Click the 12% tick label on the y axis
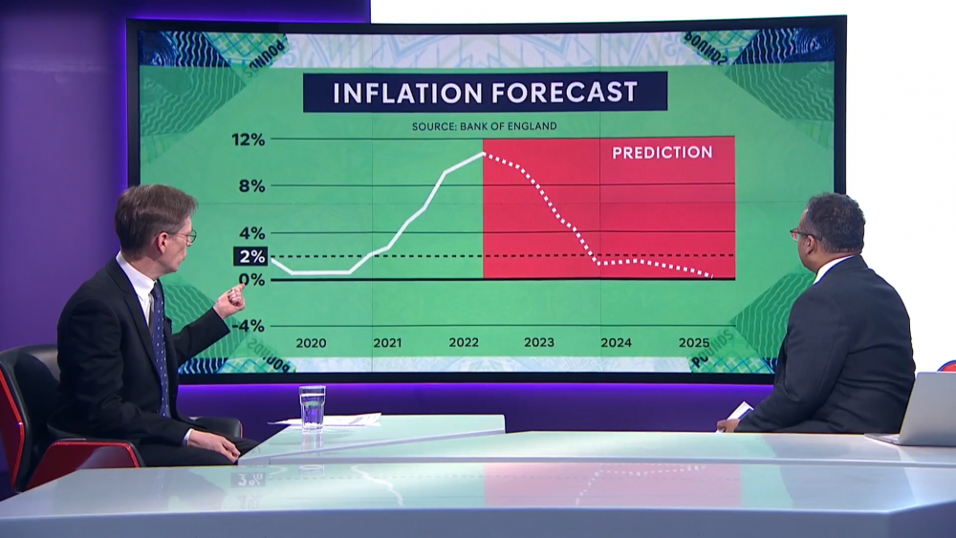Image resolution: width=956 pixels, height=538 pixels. [x=248, y=140]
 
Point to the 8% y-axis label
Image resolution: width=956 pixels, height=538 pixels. [x=251, y=185]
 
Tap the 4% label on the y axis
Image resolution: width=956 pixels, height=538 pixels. [x=251, y=232]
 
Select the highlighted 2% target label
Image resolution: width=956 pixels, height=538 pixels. [x=250, y=256]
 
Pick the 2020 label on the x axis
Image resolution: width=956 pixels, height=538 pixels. [x=311, y=342]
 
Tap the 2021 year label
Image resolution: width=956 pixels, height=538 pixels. [x=387, y=342]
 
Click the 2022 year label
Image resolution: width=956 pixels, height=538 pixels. [x=464, y=342]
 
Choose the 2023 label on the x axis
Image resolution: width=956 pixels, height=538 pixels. [x=538, y=342]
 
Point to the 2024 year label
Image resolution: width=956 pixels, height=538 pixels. [x=616, y=342]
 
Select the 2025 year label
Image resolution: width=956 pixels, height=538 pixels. [x=693, y=342]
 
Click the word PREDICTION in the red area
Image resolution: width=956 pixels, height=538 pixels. [x=662, y=152]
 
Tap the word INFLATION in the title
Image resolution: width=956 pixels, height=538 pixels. [x=405, y=93]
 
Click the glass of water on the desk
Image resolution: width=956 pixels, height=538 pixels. [x=313, y=408]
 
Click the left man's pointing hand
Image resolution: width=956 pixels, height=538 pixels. [x=229, y=301]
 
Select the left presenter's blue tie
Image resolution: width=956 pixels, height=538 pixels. [x=161, y=344]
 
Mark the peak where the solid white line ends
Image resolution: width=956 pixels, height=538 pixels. [x=483, y=153]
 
